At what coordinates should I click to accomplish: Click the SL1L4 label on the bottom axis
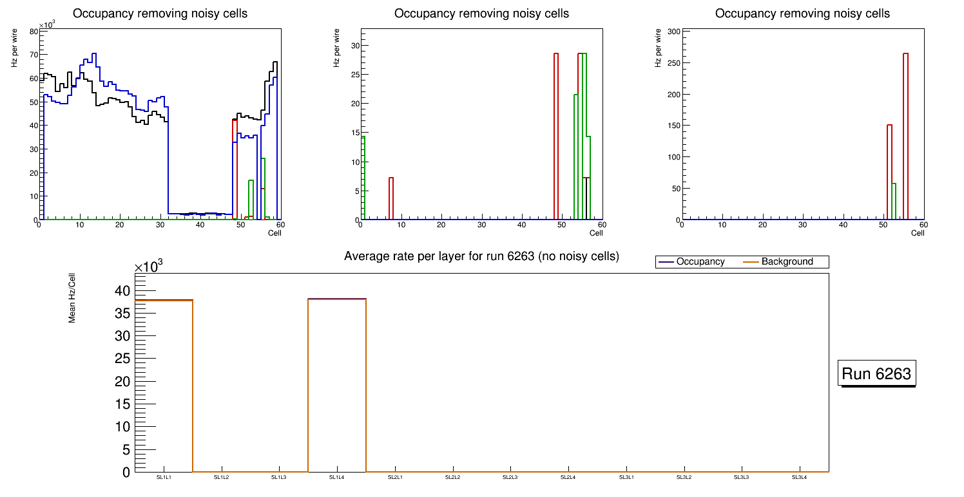[x=337, y=478]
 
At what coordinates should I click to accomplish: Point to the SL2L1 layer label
[x=395, y=478]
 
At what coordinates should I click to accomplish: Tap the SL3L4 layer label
[x=800, y=478]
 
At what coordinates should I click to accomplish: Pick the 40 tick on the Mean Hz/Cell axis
[x=122, y=291]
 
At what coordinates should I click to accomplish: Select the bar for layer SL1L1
[x=164, y=386]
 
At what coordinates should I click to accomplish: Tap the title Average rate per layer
[x=481, y=256]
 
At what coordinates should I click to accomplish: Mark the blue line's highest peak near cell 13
[x=93, y=54]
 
